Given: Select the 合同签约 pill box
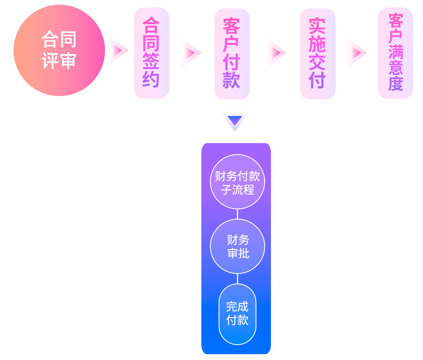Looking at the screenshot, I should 152,53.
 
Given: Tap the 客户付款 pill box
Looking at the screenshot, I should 232,54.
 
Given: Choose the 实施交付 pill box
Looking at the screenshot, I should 318,54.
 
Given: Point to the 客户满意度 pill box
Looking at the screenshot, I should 396,53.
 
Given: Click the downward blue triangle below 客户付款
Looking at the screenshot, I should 235,121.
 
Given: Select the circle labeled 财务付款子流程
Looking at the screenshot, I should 237,182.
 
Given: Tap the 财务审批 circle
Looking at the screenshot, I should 237,246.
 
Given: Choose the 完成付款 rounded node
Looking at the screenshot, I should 237,314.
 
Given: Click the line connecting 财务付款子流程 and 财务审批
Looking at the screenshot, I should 237,214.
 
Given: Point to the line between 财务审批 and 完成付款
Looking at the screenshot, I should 237,279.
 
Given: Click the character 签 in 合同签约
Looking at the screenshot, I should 151,61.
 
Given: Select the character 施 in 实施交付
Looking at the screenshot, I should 317,45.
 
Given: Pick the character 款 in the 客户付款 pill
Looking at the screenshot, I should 231,80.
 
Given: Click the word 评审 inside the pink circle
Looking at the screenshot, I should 59,61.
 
